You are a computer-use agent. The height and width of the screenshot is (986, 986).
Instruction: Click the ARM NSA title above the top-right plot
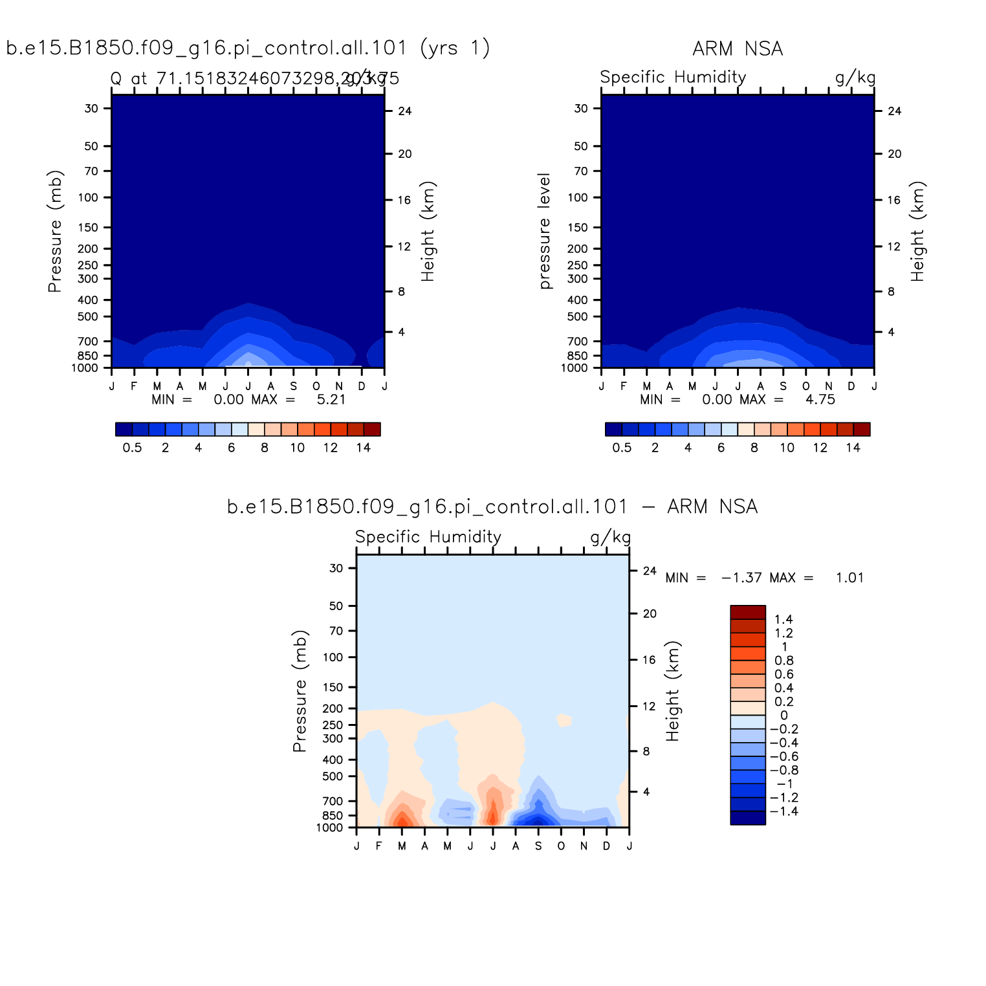738,49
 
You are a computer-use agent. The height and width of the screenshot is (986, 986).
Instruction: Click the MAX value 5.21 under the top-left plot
331,400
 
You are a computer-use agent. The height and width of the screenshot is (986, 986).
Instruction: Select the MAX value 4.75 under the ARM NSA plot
820,400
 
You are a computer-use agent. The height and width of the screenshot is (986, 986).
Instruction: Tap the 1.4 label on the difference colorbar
783,620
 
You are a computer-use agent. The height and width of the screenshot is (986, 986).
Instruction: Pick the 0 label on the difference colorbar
783,716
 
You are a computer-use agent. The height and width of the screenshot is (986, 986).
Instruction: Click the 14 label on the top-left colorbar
364,448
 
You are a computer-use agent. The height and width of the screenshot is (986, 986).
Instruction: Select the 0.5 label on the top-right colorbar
622,448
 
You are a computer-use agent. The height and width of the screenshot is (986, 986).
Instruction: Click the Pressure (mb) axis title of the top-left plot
55,231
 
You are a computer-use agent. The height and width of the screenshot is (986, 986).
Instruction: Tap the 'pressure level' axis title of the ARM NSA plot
545,231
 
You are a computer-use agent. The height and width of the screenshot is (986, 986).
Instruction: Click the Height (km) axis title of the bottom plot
673,691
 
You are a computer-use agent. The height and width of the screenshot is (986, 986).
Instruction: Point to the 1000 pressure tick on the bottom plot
329,828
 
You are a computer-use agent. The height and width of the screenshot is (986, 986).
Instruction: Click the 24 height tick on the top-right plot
895,111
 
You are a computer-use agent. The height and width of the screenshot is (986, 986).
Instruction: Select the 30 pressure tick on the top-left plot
91,109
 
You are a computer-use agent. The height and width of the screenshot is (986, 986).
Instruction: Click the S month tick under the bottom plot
538,846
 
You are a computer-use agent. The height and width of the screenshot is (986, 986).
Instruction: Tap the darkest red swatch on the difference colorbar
748,612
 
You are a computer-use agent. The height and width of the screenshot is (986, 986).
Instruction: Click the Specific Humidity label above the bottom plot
428,537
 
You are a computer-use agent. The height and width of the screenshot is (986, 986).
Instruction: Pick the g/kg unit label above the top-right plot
855,78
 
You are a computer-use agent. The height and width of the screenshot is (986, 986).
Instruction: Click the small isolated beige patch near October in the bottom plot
564,719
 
